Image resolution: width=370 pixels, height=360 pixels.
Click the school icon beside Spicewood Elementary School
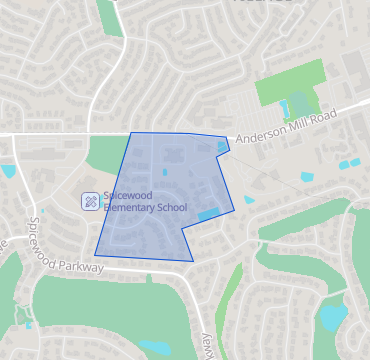point(90,201)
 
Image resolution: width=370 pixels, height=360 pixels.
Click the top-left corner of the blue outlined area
point(131,133)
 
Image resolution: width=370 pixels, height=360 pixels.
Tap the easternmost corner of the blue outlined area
point(234,210)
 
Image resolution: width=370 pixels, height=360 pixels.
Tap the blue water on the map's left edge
point(8,171)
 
